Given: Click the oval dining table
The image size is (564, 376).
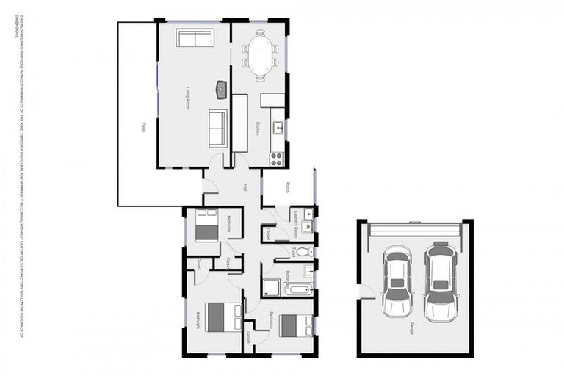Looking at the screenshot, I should coord(260,56).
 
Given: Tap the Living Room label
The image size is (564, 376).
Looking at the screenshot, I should coord(188,98).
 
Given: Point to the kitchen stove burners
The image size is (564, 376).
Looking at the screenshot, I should coord(278,156).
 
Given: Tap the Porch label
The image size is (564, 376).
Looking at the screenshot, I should coord(288,187).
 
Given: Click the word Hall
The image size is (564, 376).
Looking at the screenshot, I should coord(245,187).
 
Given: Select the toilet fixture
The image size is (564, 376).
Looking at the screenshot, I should coord(305,253).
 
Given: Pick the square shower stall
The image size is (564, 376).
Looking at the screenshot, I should coord(271,287).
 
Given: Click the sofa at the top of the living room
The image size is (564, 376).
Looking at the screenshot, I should coord(195,38).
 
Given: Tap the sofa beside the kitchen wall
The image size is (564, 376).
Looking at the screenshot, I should coord(218,128).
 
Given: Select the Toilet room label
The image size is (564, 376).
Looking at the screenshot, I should coord(292,252).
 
